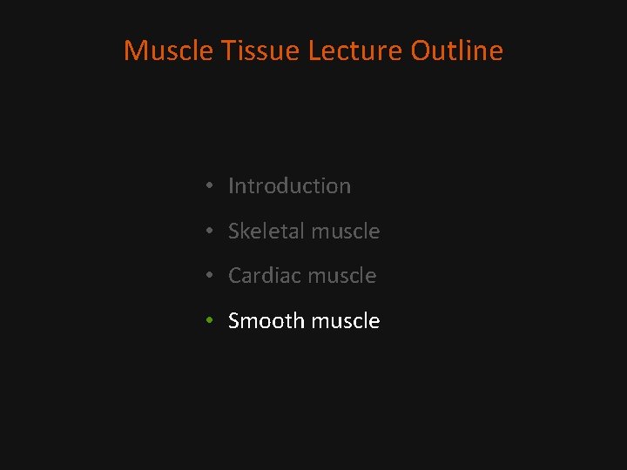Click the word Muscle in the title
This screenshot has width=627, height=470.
click(169, 50)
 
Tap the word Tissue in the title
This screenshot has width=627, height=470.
click(260, 50)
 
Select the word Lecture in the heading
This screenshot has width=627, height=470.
click(355, 50)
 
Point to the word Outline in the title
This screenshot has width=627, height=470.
click(457, 50)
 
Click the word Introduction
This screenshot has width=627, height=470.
click(289, 186)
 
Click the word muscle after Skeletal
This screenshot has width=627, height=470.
click(346, 232)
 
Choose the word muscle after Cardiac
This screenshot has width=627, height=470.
click(342, 276)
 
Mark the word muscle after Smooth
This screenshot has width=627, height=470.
click(346, 321)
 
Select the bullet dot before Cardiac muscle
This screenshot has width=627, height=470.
click(210, 277)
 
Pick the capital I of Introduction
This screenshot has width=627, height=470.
click(231, 186)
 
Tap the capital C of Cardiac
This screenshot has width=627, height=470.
click(235, 276)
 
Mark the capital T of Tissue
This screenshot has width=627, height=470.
click(229, 50)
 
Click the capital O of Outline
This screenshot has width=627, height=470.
click(422, 50)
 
